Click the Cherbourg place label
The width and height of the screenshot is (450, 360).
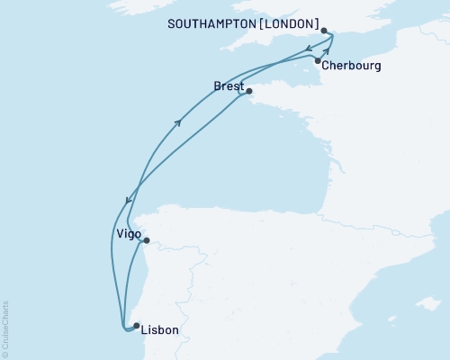[x=355, y=67]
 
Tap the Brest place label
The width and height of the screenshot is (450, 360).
[x=228, y=85]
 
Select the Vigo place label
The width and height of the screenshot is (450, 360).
[x=128, y=233]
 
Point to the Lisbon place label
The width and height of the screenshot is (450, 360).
[x=161, y=330]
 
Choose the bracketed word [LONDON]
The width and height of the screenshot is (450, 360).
[x=291, y=22]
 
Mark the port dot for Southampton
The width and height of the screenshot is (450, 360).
[x=324, y=30]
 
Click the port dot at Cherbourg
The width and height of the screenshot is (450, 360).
[x=318, y=60]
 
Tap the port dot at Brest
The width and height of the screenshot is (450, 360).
[x=249, y=91]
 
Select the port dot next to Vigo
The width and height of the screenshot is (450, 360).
[x=146, y=240]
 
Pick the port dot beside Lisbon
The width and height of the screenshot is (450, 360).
[x=136, y=326]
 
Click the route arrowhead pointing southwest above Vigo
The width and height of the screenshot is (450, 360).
[x=127, y=201]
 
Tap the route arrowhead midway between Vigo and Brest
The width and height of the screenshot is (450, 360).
[x=180, y=122]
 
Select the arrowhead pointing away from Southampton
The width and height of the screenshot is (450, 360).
[x=309, y=49]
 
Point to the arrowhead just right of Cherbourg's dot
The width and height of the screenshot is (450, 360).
[x=327, y=52]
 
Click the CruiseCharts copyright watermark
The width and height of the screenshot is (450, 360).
[x=5, y=328]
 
